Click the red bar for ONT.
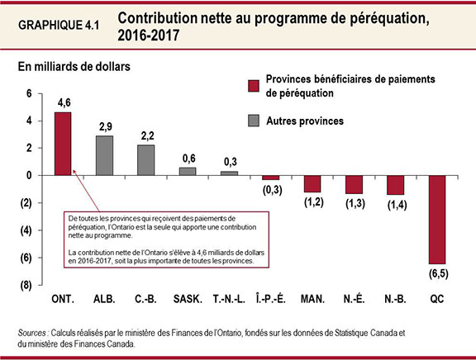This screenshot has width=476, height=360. pyautogui.click(x=62, y=144)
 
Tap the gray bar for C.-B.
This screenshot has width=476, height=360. pyautogui.click(x=145, y=160)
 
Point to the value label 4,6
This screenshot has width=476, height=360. pyautogui.click(x=63, y=103)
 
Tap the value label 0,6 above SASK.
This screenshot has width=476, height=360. pyautogui.click(x=188, y=159)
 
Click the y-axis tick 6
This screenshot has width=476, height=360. pyautogui.click(x=29, y=94)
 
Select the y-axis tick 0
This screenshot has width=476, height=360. pyautogui.click(x=29, y=176)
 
